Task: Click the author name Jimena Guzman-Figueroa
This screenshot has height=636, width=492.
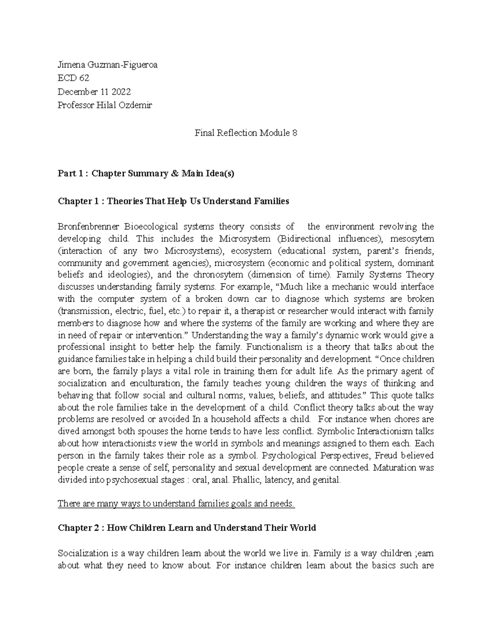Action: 107,65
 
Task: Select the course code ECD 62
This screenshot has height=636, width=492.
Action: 74,78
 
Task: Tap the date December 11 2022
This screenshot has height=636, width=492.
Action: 94,92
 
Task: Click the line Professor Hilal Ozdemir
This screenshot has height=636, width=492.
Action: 105,105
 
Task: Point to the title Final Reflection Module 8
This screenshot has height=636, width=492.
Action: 246,133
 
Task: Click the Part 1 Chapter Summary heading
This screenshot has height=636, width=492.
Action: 146,173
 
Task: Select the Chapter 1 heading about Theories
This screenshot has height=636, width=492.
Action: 173,201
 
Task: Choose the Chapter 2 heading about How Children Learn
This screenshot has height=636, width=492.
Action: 187,528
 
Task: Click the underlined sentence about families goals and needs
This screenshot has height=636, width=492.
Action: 176,504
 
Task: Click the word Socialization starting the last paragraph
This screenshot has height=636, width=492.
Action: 83,553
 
